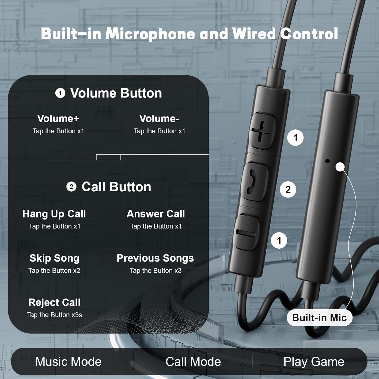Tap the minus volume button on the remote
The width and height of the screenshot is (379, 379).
pos(246,233)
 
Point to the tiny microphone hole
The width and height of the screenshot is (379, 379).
pos(327,161)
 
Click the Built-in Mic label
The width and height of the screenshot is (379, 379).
pos(319,318)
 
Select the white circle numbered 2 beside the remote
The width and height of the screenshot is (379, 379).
pos(288,189)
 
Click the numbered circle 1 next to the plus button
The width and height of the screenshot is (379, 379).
pos(295,138)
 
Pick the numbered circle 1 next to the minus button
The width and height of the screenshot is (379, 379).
pos(279,240)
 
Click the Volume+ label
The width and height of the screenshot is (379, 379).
pos(58,119)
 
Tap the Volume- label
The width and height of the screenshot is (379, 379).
pos(159,119)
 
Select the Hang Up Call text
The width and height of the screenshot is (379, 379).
pos(54,214)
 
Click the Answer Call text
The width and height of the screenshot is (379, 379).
pos(156,214)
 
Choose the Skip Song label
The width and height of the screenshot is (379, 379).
pos(54,258)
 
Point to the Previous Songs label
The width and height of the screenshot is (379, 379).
pos(155,258)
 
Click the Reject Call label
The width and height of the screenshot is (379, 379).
pos(54,302)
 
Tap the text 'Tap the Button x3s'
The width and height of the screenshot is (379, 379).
pos(54,315)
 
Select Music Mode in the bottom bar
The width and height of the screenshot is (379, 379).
pos(68,362)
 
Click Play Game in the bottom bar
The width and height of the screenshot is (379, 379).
pos(314,362)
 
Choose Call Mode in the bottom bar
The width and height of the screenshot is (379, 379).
pos(193,362)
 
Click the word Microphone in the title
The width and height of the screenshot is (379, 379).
pos(150,34)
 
